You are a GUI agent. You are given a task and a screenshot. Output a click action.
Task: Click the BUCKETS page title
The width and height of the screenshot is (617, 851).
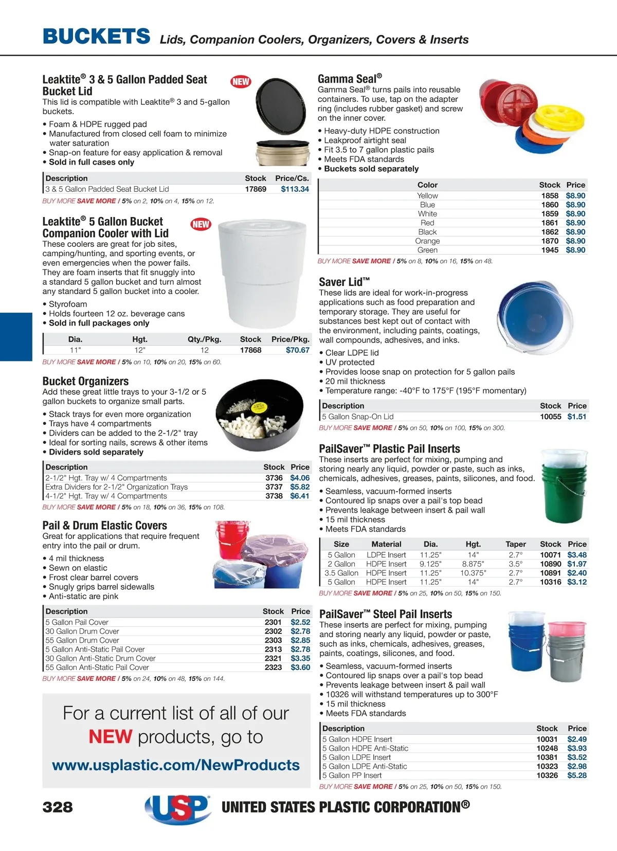point(97,37)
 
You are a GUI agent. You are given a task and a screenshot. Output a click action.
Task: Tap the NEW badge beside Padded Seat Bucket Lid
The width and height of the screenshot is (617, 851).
point(241,81)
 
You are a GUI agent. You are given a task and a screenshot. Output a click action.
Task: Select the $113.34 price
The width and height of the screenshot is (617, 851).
point(295,189)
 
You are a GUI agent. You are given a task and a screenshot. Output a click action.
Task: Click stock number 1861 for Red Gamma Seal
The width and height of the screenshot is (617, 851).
point(550,223)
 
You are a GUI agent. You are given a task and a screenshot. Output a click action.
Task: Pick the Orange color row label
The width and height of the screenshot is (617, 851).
point(427,241)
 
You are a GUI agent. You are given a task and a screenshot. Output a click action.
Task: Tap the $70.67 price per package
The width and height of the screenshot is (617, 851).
point(298,350)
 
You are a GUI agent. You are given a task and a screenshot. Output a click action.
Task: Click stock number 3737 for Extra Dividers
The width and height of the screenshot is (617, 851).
point(274,487)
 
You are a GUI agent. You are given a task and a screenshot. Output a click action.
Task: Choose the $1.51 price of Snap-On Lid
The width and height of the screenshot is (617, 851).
point(576,417)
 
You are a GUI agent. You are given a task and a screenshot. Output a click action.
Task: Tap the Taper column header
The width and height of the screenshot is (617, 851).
point(515,544)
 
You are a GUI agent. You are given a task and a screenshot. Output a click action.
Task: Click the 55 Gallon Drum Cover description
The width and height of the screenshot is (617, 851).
point(82,640)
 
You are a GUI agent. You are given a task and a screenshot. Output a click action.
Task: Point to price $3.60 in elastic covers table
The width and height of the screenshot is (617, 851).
point(300,667)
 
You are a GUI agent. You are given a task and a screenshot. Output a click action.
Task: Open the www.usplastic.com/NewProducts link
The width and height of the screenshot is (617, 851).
point(176,765)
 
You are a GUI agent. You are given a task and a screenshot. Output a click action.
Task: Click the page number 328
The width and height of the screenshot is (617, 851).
point(58,807)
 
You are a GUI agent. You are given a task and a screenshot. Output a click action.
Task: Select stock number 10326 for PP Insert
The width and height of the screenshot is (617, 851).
point(547,775)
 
